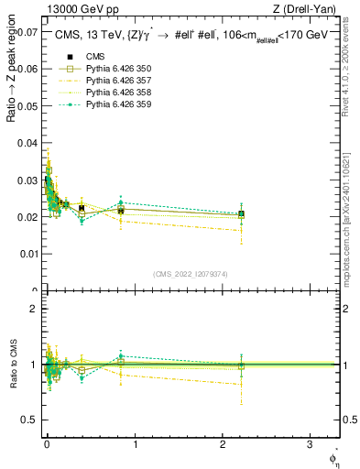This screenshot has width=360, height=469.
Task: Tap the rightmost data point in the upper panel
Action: (241, 214)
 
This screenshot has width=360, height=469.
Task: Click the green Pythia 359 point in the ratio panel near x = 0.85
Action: (121, 355)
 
